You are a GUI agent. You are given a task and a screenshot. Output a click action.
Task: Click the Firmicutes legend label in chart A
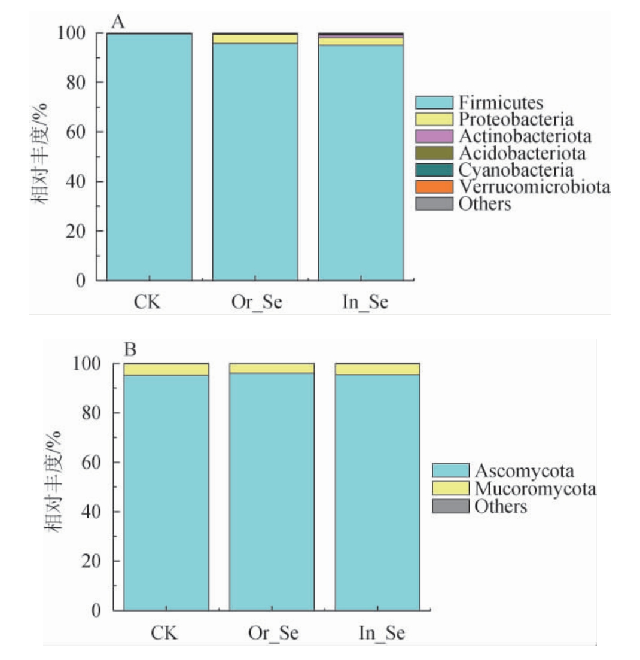point(501,102)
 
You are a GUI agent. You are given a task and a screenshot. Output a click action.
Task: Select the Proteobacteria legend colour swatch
point(434,119)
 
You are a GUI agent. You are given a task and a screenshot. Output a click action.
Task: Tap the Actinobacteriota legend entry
point(525,136)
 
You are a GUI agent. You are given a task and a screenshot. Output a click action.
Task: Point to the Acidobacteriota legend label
point(522,153)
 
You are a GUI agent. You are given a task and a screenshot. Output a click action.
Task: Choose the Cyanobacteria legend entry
point(516,170)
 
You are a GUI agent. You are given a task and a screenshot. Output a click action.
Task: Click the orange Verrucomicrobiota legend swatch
point(434,187)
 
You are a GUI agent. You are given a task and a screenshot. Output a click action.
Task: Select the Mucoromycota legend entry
point(535,489)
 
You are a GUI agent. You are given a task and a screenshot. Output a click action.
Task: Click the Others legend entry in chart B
point(501,507)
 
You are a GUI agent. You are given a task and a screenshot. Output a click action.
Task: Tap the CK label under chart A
point(148,302)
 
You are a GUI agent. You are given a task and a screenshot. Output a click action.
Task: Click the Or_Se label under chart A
point(255,302)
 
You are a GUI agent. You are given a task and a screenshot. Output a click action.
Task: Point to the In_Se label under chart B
point(377,633)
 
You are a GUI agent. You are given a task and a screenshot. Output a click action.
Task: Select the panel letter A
point(117,22)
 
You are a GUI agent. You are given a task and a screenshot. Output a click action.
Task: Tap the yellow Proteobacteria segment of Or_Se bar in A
point(255,39)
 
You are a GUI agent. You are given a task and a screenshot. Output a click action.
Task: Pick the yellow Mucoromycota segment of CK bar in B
point(166,370)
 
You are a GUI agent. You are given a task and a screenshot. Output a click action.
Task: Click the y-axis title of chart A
point(40,154)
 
